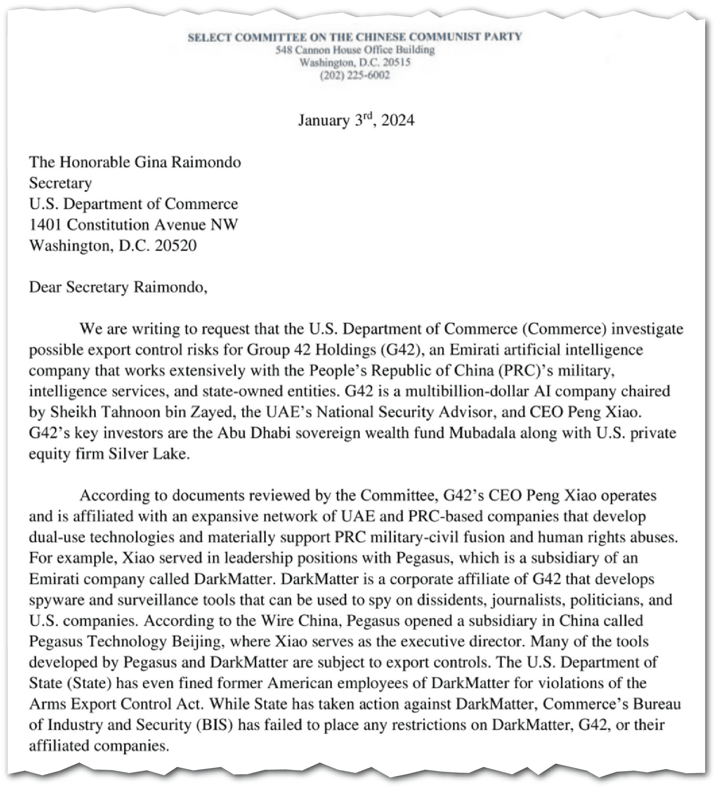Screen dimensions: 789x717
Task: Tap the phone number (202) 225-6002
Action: (x=355, y=76)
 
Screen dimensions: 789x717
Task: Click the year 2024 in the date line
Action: (x=398, y=120)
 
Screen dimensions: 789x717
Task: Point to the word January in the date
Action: (x=324, y=120)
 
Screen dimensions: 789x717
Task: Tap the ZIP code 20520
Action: (x=176, y=246)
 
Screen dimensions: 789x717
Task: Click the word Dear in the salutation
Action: (x=45, y=287)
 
